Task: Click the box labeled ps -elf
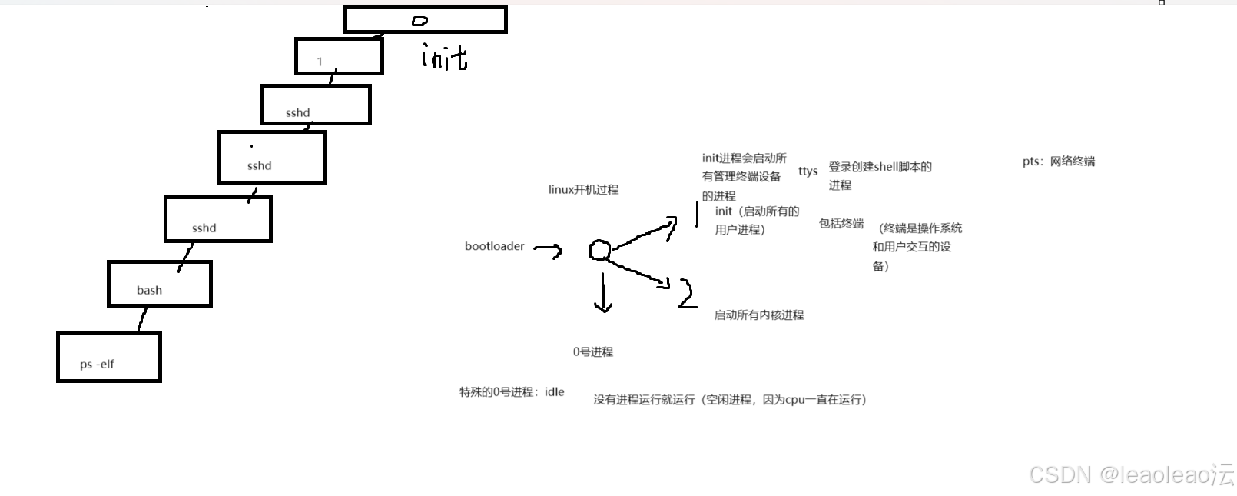109,357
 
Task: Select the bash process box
160,284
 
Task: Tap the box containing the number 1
339,56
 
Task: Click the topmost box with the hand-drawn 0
425,20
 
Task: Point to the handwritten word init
444,56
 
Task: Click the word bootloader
494,246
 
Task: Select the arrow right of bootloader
548,249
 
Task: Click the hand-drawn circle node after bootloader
600,250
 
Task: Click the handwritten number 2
687,294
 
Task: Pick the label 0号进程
592,351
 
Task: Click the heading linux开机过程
583,189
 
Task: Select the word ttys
808,171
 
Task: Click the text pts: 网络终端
1058,161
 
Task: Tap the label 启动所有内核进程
758,315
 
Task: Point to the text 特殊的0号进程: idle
512,392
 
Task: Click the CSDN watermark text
1130,474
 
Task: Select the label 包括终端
841,223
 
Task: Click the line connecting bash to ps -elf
142,319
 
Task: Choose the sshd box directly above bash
218,219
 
